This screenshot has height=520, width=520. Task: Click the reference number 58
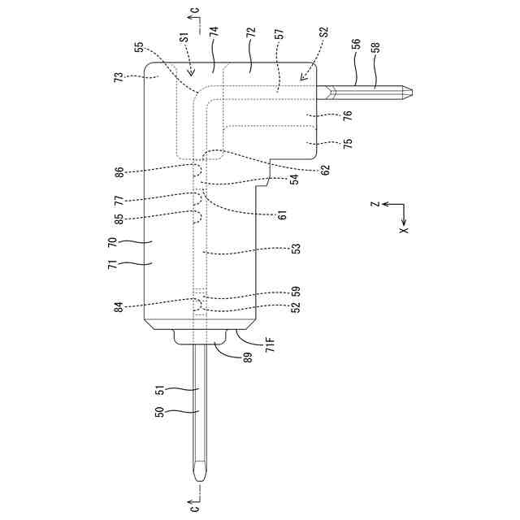375,47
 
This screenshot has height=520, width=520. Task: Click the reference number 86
119,172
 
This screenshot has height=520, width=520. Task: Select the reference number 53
295,249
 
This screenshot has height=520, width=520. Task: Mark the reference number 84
119,306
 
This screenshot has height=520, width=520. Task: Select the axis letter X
404,230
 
